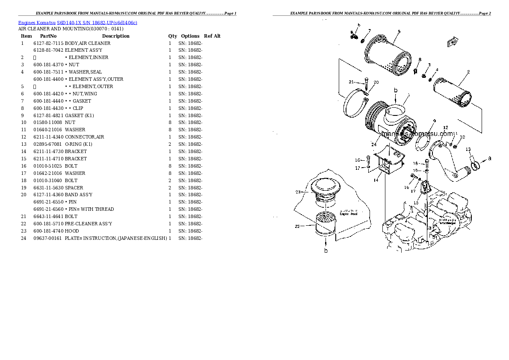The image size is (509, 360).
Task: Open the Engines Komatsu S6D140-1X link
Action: pos(77,22)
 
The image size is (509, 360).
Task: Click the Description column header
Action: pos(115,36)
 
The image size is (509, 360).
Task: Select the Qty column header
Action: pos(172,36)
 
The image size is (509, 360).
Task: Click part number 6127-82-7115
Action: pos(48,43)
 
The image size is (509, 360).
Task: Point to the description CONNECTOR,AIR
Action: pos(84,137)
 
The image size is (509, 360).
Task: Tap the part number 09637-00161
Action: pos(48,238)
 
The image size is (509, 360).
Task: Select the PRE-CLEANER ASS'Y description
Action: pos(88,224)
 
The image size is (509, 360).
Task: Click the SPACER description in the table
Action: pos(74,188)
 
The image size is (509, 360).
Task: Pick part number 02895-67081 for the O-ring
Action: pos(48,144)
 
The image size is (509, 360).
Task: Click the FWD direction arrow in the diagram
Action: pos(452,42)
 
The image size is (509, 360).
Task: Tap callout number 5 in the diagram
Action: pos(399,31)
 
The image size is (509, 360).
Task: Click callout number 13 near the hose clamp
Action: pos(468,149)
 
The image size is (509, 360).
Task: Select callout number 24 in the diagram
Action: pos(373,145)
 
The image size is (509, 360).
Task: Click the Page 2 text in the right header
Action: pos(484,14)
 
